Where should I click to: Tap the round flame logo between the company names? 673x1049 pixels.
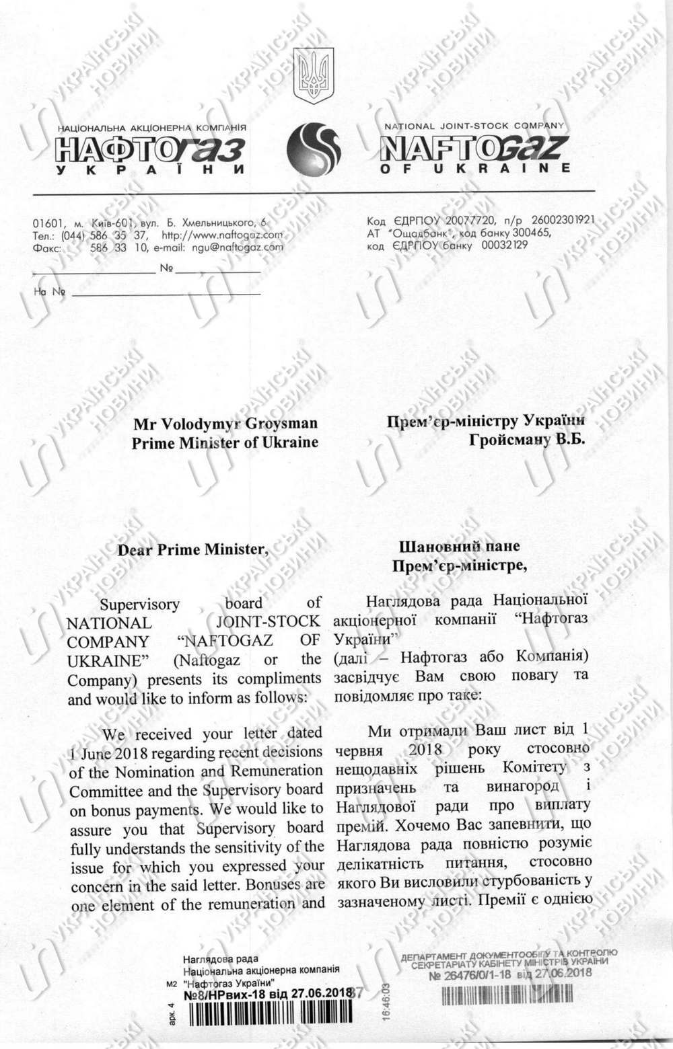(314, 150)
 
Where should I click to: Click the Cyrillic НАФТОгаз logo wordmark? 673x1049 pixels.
(150, 149)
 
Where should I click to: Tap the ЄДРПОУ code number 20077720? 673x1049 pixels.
(465, 221)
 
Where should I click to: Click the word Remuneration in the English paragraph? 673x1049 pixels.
(277, 771)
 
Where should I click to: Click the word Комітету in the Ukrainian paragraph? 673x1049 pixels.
(534, 767)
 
